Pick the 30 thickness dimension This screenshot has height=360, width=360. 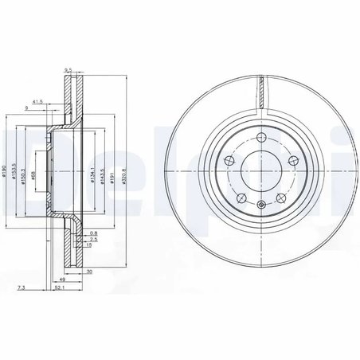pyautogui.click(x=88, y=271)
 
